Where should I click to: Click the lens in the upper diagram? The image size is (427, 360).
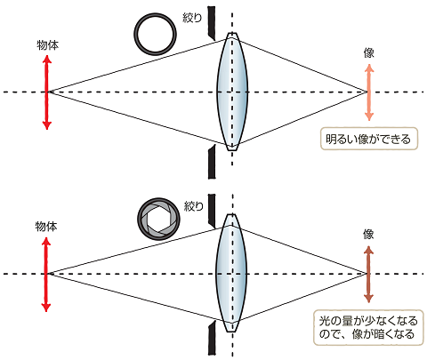[x=232, y=92]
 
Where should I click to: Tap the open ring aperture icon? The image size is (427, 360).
[x=155, y=33]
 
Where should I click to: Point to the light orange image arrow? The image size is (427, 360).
[x=368, y=92]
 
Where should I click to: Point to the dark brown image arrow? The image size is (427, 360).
[x=368, y=273]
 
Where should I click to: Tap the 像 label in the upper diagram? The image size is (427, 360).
[x=368, y=53]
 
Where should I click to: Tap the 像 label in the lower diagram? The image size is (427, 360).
[x=368, y=234]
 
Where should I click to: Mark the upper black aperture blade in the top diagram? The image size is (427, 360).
[x=212, y=23]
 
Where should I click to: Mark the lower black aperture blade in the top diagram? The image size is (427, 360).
[x=212, y=161]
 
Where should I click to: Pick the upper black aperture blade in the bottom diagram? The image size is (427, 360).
[x=212, y=208]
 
